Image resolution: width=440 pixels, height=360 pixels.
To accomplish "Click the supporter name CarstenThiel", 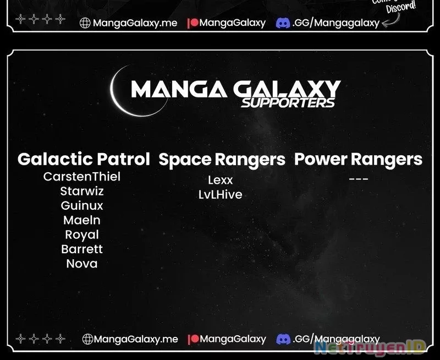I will coord(82,177).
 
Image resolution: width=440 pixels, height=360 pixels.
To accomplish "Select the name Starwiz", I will coord(82,192).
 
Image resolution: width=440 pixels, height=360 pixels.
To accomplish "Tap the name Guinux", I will coord(82,206).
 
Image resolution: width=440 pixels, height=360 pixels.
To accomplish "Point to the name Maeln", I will coord(82,220).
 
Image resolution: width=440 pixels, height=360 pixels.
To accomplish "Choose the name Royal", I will coord(82,234).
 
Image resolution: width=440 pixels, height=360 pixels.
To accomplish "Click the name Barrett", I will coord(82,249).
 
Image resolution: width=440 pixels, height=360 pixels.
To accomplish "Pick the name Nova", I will coord(82,264).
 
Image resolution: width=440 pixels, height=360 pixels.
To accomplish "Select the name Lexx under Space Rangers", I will coord(221,180).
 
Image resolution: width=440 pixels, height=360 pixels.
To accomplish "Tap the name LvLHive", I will coord(221,194).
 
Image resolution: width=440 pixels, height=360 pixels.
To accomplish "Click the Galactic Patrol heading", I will coord(84,160).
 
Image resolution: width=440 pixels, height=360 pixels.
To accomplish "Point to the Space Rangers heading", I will coord(222,160).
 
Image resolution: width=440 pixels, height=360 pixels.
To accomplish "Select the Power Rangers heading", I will coord(358,160).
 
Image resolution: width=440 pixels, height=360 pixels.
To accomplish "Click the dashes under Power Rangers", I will coord(358,179).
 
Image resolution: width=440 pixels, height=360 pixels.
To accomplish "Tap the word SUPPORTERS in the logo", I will coord(288,102).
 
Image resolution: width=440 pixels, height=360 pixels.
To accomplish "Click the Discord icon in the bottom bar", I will coord(283,339).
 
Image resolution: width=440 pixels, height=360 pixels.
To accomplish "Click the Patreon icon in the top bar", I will coord(193,23).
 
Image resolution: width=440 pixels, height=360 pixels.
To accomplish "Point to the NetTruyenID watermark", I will coord(370,347).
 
